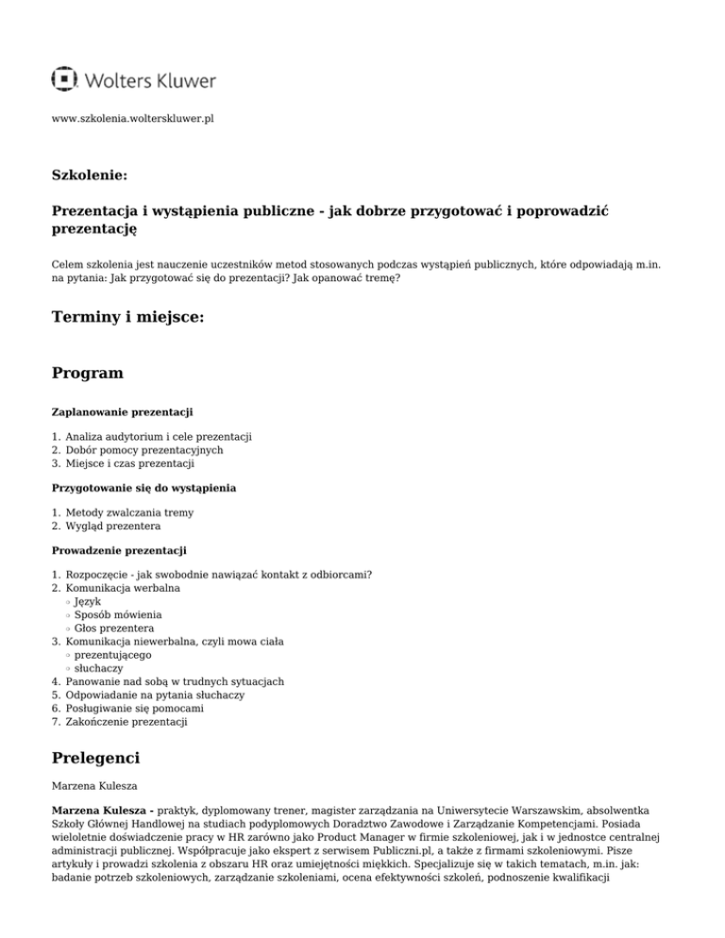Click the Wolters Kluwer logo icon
click(64, 80)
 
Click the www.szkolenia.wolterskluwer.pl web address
click(133, 120)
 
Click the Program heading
click(87, 373)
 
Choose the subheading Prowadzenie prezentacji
click(119, 549)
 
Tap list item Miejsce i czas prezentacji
click(130, 463)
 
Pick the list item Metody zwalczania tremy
click(129, 512)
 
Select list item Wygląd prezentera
click(113, 526)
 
